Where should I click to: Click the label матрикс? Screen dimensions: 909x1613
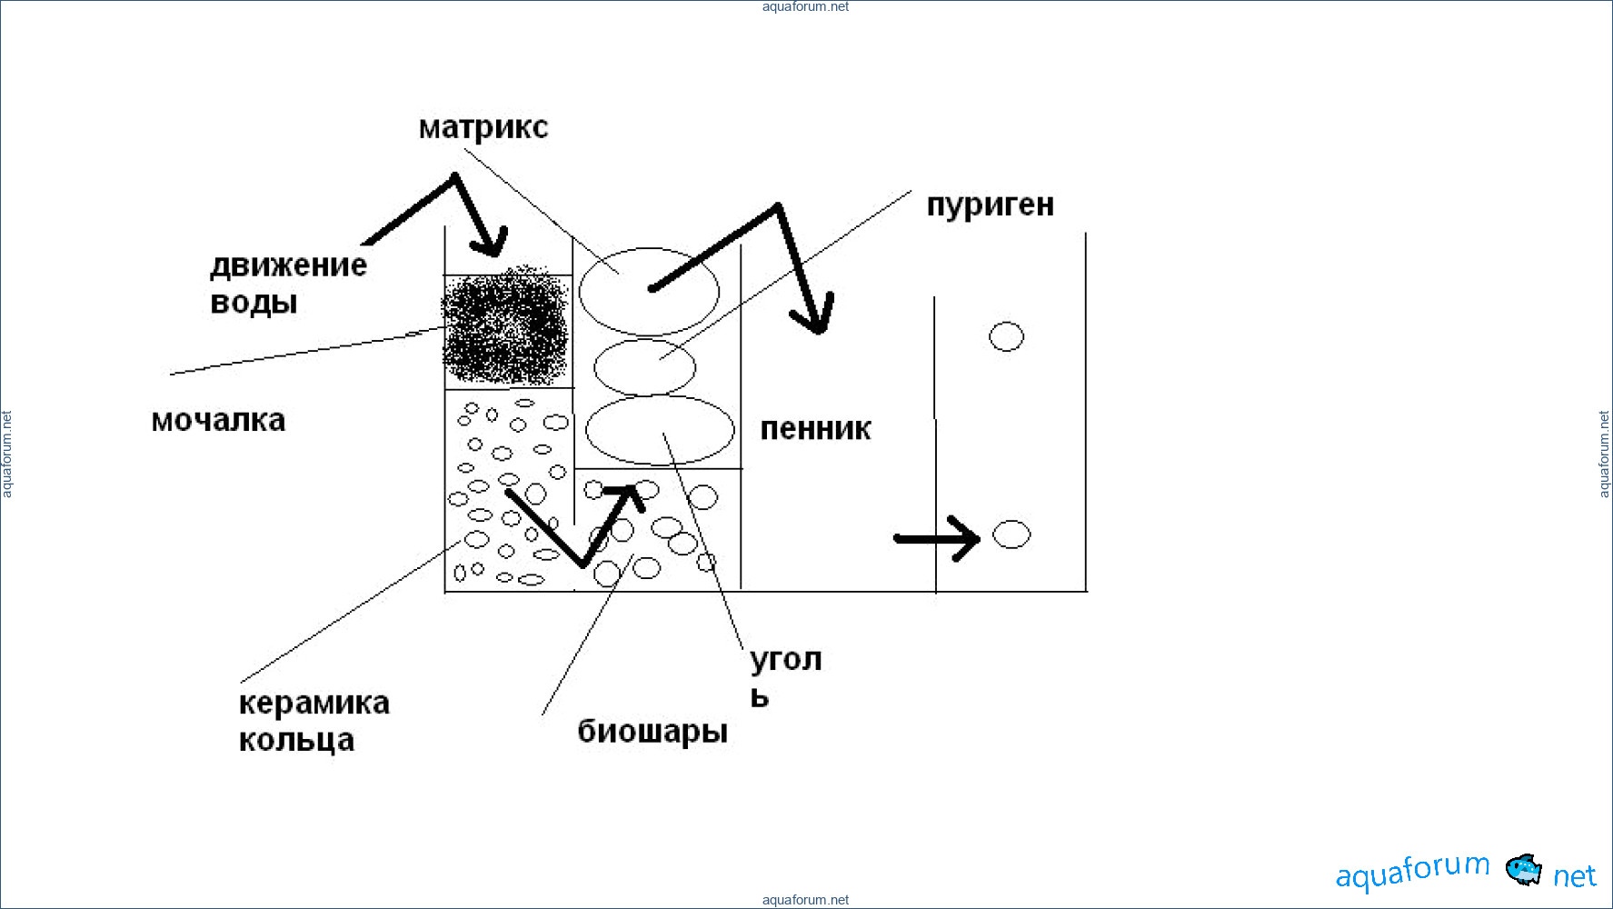(483, 128)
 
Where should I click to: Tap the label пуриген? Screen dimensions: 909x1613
(990, 205)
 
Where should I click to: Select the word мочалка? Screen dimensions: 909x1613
(218, 421)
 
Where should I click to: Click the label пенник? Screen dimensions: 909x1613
(815, 429)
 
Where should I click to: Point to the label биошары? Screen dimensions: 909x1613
(652, 732)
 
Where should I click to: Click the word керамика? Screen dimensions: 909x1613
(314, 704)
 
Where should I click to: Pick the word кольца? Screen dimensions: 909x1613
(296, 741)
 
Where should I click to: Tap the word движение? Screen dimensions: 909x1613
(288, 265)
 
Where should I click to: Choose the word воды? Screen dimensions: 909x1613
(254, 303)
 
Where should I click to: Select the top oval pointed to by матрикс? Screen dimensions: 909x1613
(649, 291)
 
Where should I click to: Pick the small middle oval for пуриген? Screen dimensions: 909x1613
(644, 367)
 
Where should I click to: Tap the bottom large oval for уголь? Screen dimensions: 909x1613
(660, 431)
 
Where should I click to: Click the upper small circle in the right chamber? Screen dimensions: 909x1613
(1006, 336)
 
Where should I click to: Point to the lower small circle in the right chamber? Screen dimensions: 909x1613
(1011, 534)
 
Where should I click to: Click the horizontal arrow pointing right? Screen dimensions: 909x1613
(937, 539)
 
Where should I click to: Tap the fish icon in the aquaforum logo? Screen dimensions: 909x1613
(1524, 870)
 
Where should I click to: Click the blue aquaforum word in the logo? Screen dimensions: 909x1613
(1412, 872)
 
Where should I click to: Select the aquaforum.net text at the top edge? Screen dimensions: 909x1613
(805, 7)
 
